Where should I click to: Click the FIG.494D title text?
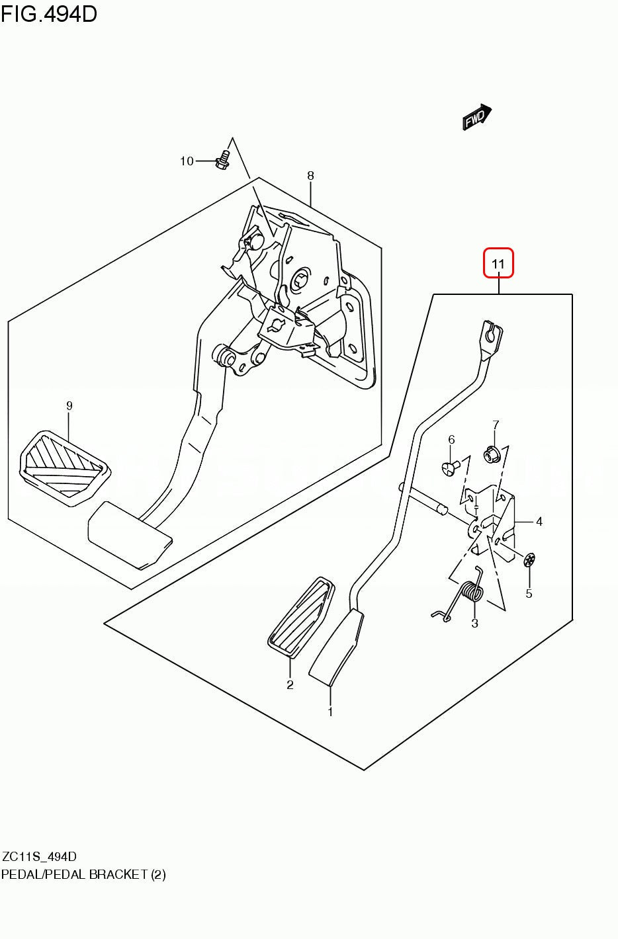(x=49, y=13)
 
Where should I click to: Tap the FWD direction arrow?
(x=476, y=118)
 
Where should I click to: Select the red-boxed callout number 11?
(x=498, y=264)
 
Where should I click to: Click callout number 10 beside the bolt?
(x=187, y=161)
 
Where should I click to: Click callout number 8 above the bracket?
(x=310, y=176)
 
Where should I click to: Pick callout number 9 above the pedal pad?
(x=69, y=406)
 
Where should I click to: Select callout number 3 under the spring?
(x=474, y=624)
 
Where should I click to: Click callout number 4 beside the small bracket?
(x=539, y=522)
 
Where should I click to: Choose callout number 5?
(x=529, y=594)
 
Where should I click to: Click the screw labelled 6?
(x=450, y=468)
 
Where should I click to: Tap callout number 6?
(x=451, y=440)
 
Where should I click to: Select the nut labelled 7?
(x=491, y=454)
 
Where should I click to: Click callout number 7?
(x=496, y=425)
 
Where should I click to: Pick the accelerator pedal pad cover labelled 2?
(x=300, y=618)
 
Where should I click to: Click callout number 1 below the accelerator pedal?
(x=330, y=712)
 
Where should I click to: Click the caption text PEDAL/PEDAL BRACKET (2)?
(x=83, y=874)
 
